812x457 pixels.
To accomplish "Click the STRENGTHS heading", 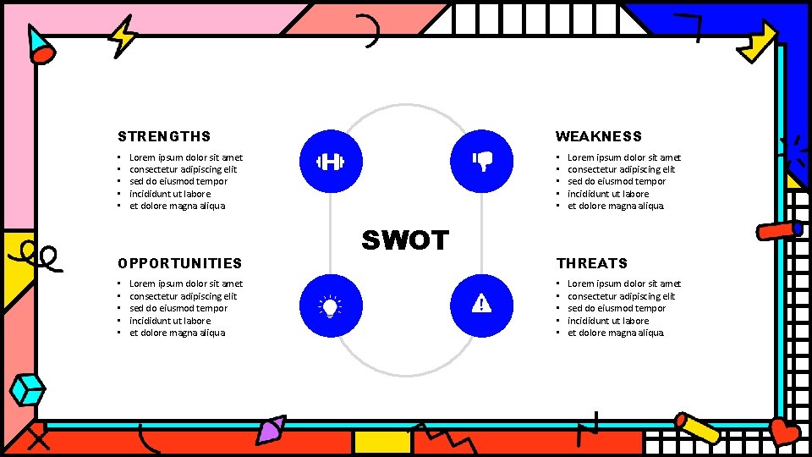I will [x=164, y=136].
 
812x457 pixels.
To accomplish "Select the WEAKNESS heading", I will [x=598, y=136].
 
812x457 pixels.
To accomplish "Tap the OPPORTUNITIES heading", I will [x=179, y=263].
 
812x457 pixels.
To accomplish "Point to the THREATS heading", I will [x=591, y=263].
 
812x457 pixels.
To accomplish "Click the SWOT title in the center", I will [x=405, y=240].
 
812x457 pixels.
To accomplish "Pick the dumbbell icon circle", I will [x=330, y=162].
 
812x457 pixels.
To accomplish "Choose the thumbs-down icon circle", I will [x=481, y=162].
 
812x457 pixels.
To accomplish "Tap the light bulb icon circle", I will [x=330, y=306].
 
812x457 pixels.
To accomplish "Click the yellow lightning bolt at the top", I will [x=124, y=36].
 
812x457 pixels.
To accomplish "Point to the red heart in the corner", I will [x=784, y=432].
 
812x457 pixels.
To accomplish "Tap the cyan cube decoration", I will [x=28, y=389].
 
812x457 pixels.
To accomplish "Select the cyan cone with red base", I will [x=39, y=46].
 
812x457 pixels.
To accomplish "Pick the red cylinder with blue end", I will [x=779, y=229].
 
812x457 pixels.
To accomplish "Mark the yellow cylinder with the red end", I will [x=697, y=428].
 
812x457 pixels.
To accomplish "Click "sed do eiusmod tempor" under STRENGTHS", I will [x=178, y=181].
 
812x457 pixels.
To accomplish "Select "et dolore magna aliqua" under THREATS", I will [x=615, y=333].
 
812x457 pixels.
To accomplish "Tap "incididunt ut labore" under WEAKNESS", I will [x=607, y=194].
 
